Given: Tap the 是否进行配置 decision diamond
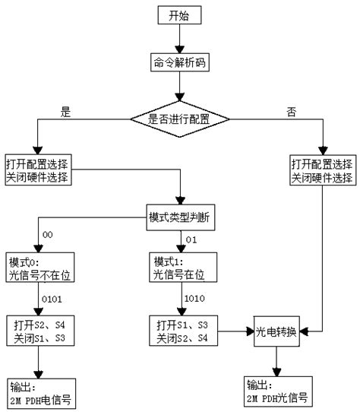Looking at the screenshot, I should pos(179,118).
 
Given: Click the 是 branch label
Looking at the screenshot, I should pos(65,112).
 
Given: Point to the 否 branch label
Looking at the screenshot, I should pos(292,112).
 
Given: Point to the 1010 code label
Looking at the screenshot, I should pos(194,299).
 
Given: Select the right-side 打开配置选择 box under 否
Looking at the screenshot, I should pos(322,171).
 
